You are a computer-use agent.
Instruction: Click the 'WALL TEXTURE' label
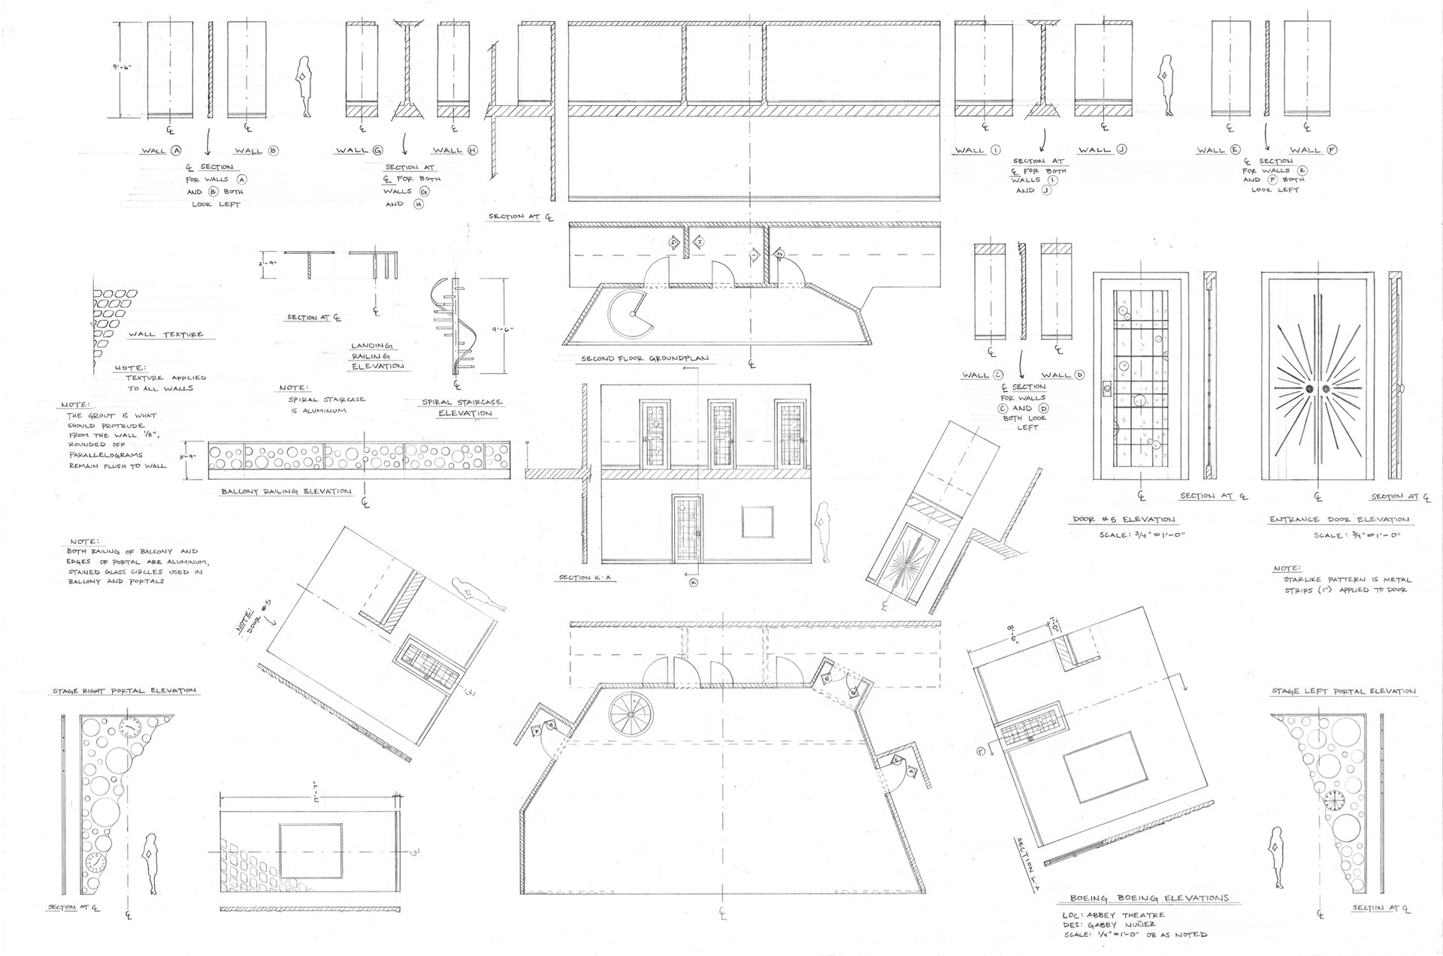click(x=166, y=334)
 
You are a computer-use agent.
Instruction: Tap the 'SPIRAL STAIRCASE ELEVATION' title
click(x=462, y=408)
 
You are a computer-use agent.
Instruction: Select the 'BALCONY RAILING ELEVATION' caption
click(x=286, y=492)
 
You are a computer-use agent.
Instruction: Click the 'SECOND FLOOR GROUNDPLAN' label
click(x=644, y=359)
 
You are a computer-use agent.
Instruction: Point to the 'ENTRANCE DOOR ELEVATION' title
click(x=1339, y=520)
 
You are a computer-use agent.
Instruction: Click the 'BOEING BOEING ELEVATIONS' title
click(x=1149, y=898)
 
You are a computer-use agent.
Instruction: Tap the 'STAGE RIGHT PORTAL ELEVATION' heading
click(x=124, y=690)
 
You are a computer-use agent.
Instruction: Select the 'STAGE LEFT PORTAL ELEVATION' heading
click(x=1343, y=691)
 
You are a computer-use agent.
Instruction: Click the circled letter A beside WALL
click(x=177, y=150)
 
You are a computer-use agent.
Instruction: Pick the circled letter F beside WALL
click(x=1333, y=150)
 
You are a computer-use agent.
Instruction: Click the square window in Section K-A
click(x=757, y=522)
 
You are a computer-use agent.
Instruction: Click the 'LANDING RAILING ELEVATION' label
click(x=377, y=356)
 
